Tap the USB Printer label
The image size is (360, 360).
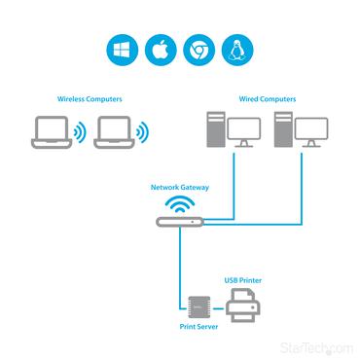[242, 280]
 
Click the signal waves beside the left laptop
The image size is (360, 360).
[80, 131]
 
